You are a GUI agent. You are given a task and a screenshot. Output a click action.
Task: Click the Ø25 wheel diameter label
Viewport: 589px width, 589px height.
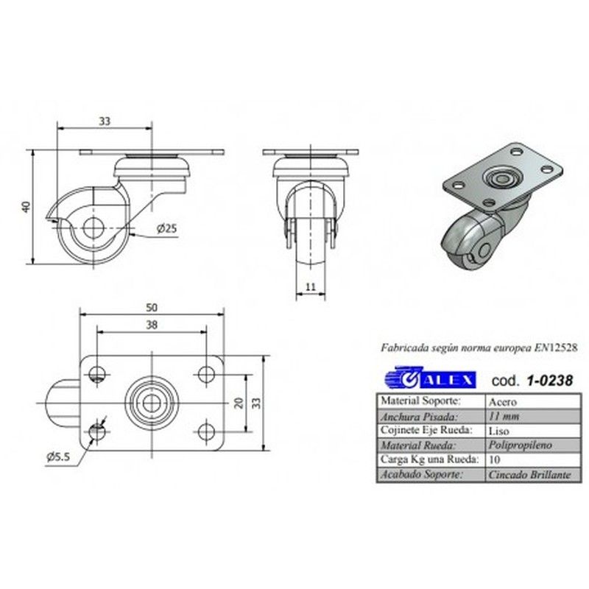coord(167,228)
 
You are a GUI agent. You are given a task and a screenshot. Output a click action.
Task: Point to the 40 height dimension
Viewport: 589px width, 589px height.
coord(27,207)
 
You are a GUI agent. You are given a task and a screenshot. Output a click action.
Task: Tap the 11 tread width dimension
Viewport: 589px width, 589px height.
coord(311,287)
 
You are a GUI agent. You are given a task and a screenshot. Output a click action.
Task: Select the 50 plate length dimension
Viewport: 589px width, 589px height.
coord(152,308)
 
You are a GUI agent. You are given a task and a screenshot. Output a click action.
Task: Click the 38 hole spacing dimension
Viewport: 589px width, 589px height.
coord(152,325)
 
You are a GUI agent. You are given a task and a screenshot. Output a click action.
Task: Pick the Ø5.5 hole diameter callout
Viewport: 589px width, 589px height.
coord(58,456)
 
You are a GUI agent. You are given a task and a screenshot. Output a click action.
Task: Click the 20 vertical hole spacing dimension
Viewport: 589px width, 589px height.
coord(239,403)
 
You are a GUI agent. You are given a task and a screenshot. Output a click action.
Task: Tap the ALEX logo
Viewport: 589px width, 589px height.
coord(430,378)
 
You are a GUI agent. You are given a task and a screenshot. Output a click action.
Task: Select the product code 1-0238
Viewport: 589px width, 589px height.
coord(550,381)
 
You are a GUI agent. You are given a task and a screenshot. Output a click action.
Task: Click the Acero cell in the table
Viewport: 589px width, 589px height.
coord(503,402)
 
